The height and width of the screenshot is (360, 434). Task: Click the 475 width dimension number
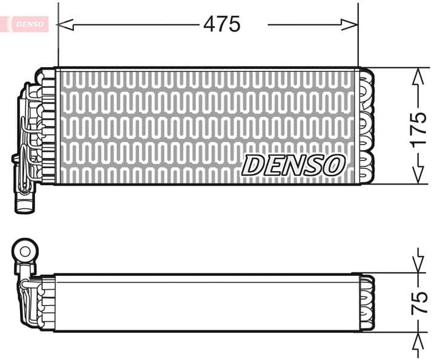[x=222, y=24]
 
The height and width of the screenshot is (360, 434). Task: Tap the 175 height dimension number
[x=418, y=128]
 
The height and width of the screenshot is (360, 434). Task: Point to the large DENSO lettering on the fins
[x=294, y=165]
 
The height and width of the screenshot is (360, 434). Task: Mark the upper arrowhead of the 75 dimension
[x=418, y=266]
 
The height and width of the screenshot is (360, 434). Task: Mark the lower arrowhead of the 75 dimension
[x=418, y=339]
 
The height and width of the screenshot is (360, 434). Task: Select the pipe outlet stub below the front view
[x=25, y=201]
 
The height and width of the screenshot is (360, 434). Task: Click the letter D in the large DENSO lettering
[x=252, y=165]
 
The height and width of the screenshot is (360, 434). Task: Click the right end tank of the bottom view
[x=367, y=303]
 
